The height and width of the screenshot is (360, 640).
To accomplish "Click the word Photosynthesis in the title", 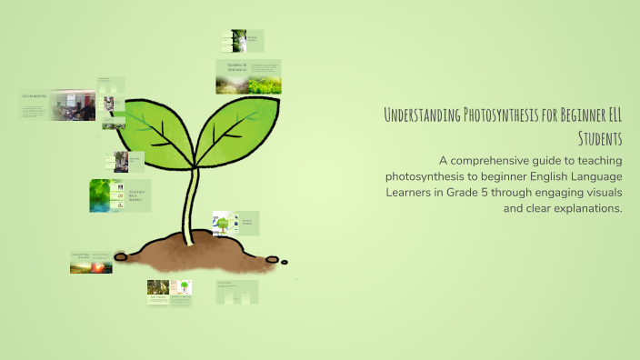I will [505, 115].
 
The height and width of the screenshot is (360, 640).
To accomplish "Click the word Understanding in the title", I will [423, 115].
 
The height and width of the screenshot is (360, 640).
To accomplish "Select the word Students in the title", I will [599, 137].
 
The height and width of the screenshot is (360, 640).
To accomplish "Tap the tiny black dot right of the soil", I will [285, 262].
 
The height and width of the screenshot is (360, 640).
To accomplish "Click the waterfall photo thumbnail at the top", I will [239, 41].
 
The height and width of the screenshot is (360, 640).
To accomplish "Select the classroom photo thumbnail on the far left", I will [74, 105].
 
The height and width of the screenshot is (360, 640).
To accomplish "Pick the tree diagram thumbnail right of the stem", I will [222, 224].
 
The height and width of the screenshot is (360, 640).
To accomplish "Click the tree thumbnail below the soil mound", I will [185, 288].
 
